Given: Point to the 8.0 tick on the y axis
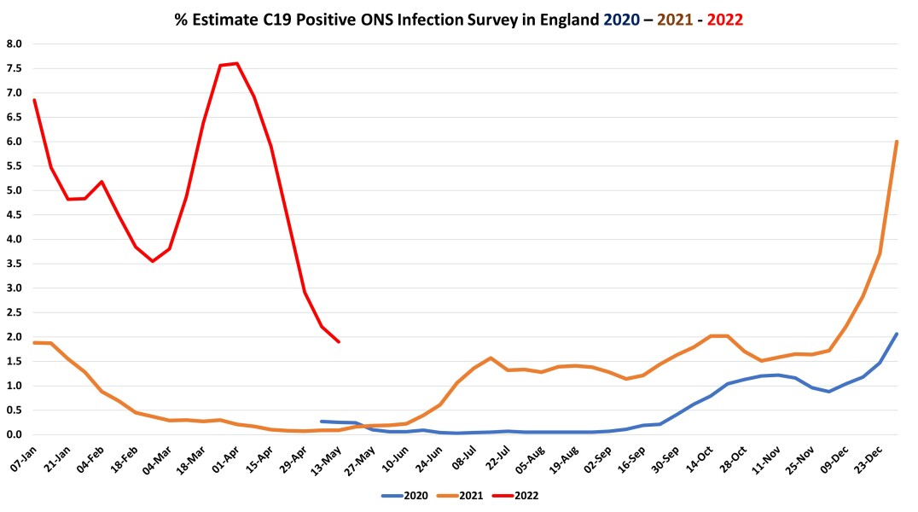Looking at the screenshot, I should point(15,44).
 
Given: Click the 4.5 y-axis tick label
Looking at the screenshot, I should point(15,215).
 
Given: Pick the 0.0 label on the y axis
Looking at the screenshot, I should point(15,434).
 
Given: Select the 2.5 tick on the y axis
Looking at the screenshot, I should point(15,312).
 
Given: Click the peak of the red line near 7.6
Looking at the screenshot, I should point(236,63).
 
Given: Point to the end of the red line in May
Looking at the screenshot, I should point(339,342).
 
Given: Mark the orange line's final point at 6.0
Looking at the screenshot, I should point(897,142).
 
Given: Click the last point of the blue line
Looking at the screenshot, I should point(897,334).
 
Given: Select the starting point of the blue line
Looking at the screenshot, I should point(322,422).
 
